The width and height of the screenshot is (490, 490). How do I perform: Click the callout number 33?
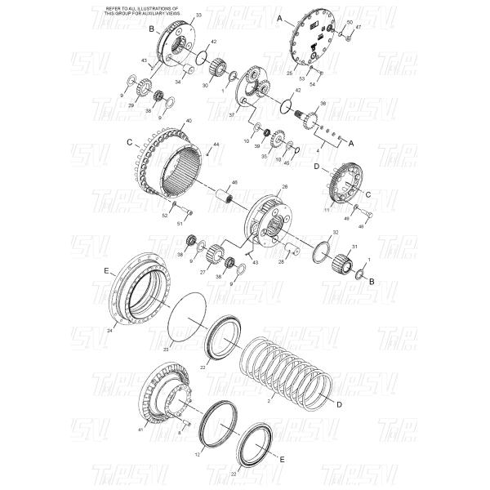point(198,16)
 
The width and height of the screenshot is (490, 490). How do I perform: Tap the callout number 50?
point(350,22)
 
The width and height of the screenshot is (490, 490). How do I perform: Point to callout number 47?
point(358,27)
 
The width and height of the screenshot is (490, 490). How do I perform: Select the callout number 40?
point(189,122)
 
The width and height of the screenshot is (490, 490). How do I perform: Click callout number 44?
point(216,145)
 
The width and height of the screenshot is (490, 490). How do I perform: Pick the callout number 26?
point(284,187)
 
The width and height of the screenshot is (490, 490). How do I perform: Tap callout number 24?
point(109,331)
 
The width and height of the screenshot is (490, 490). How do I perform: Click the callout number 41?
point(140,430)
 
